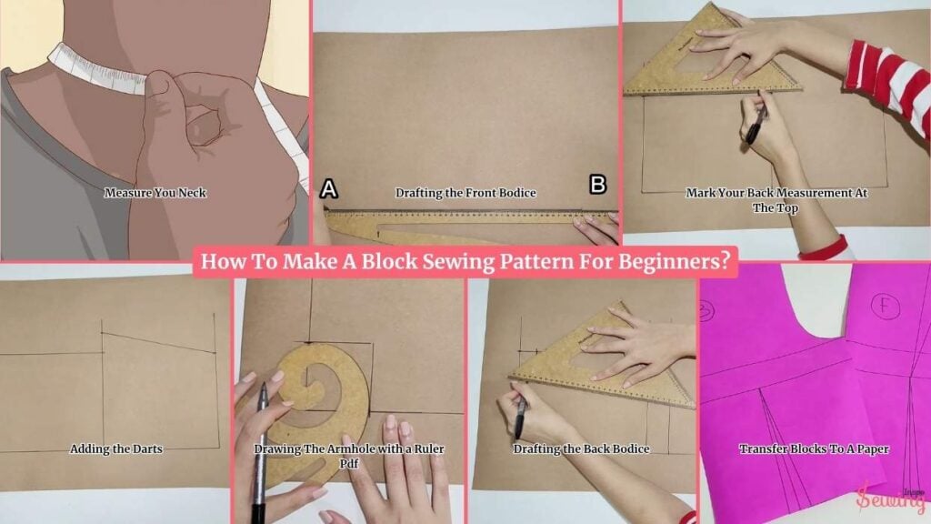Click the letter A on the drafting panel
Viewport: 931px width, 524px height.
pyautogui.click(x=329, y=189)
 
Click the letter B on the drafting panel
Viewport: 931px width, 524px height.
pyautogui.click(x=597, y=185)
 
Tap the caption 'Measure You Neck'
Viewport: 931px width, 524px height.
pyautogui.click(x=155, y=193)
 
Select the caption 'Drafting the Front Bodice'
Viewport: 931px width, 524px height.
pyautogui.click(x=465, y=193)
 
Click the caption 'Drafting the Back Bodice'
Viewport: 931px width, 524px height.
pyautogui.click(x=581, y=449)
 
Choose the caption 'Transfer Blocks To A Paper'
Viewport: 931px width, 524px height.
pyautogui.click(x=814, y=449)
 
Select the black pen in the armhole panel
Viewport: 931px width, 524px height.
pyautogui.click(x=260, y=446)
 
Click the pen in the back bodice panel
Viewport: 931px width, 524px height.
pyautogui.click(x=519, y=418)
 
